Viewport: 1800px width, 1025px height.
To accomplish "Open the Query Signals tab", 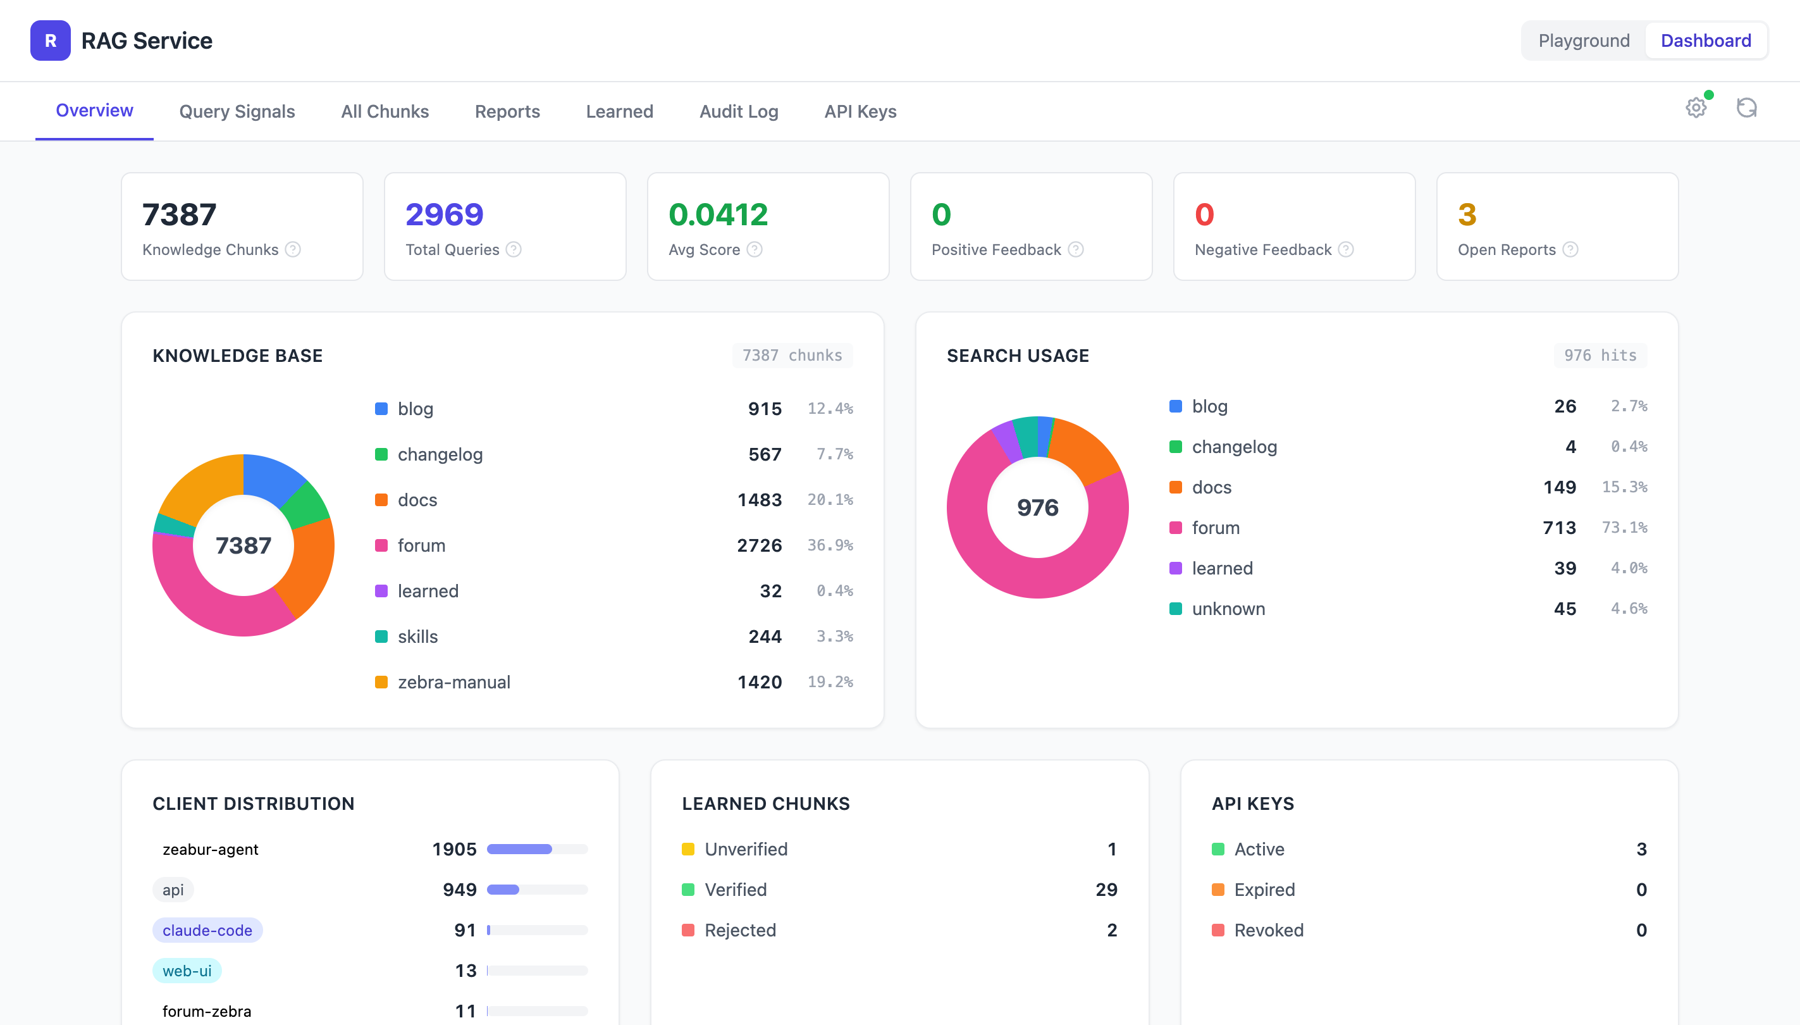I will (237, 111).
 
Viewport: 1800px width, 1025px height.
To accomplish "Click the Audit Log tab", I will (738, 111).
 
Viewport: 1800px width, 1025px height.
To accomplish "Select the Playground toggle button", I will (1583, 41).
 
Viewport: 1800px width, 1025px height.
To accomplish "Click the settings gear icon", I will (1696, 108).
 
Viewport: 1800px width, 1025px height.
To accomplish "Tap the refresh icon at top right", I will (1746, 108).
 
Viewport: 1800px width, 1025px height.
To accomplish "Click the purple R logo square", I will (50, 41).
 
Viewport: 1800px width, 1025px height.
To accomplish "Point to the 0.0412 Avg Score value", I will (718, 214).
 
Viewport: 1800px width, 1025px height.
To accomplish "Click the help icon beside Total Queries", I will (514, 250).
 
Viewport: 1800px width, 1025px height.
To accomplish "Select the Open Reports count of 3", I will (1467, 214).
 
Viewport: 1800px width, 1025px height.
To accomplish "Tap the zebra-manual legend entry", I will (454, 682).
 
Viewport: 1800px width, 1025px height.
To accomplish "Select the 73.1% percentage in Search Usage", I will (1624, 528).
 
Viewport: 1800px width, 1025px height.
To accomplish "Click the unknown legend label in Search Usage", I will (1228, 609).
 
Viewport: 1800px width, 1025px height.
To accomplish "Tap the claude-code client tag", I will (207, 931).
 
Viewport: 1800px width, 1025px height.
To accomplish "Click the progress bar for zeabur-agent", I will (537, 850).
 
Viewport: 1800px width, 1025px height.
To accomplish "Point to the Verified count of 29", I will (1106, 890).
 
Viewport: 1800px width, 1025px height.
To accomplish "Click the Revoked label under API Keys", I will (1268, 931).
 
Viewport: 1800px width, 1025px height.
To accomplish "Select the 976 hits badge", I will (1600, 356).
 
